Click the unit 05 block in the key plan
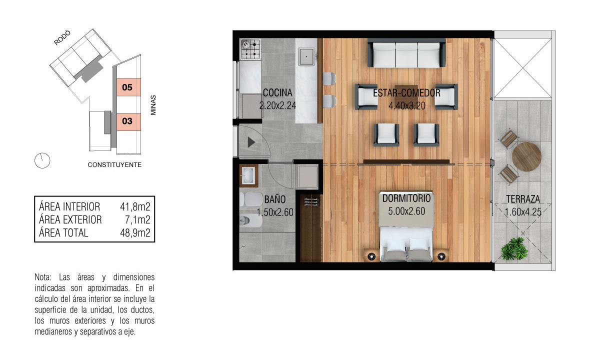(128, 87)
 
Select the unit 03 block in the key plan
(128, 121)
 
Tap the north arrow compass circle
(42, 160)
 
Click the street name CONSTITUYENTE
(114, 164)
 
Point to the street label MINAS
(153, 105)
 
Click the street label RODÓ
(62, 37)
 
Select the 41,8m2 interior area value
(135, 207)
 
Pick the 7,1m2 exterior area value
(137, 219)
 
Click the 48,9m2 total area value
(135, 233)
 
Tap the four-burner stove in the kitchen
(250, 49)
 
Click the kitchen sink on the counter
(306, 57)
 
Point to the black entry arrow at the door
(251, 142)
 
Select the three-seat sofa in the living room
(406, 53)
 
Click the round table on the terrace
(526, 156)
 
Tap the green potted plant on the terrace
(514, 249)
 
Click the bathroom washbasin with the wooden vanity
(248, 175)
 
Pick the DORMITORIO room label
(406, 198)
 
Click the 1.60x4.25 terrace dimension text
(523, 212)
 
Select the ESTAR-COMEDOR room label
(406, 93)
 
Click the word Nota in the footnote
(43, 277)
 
